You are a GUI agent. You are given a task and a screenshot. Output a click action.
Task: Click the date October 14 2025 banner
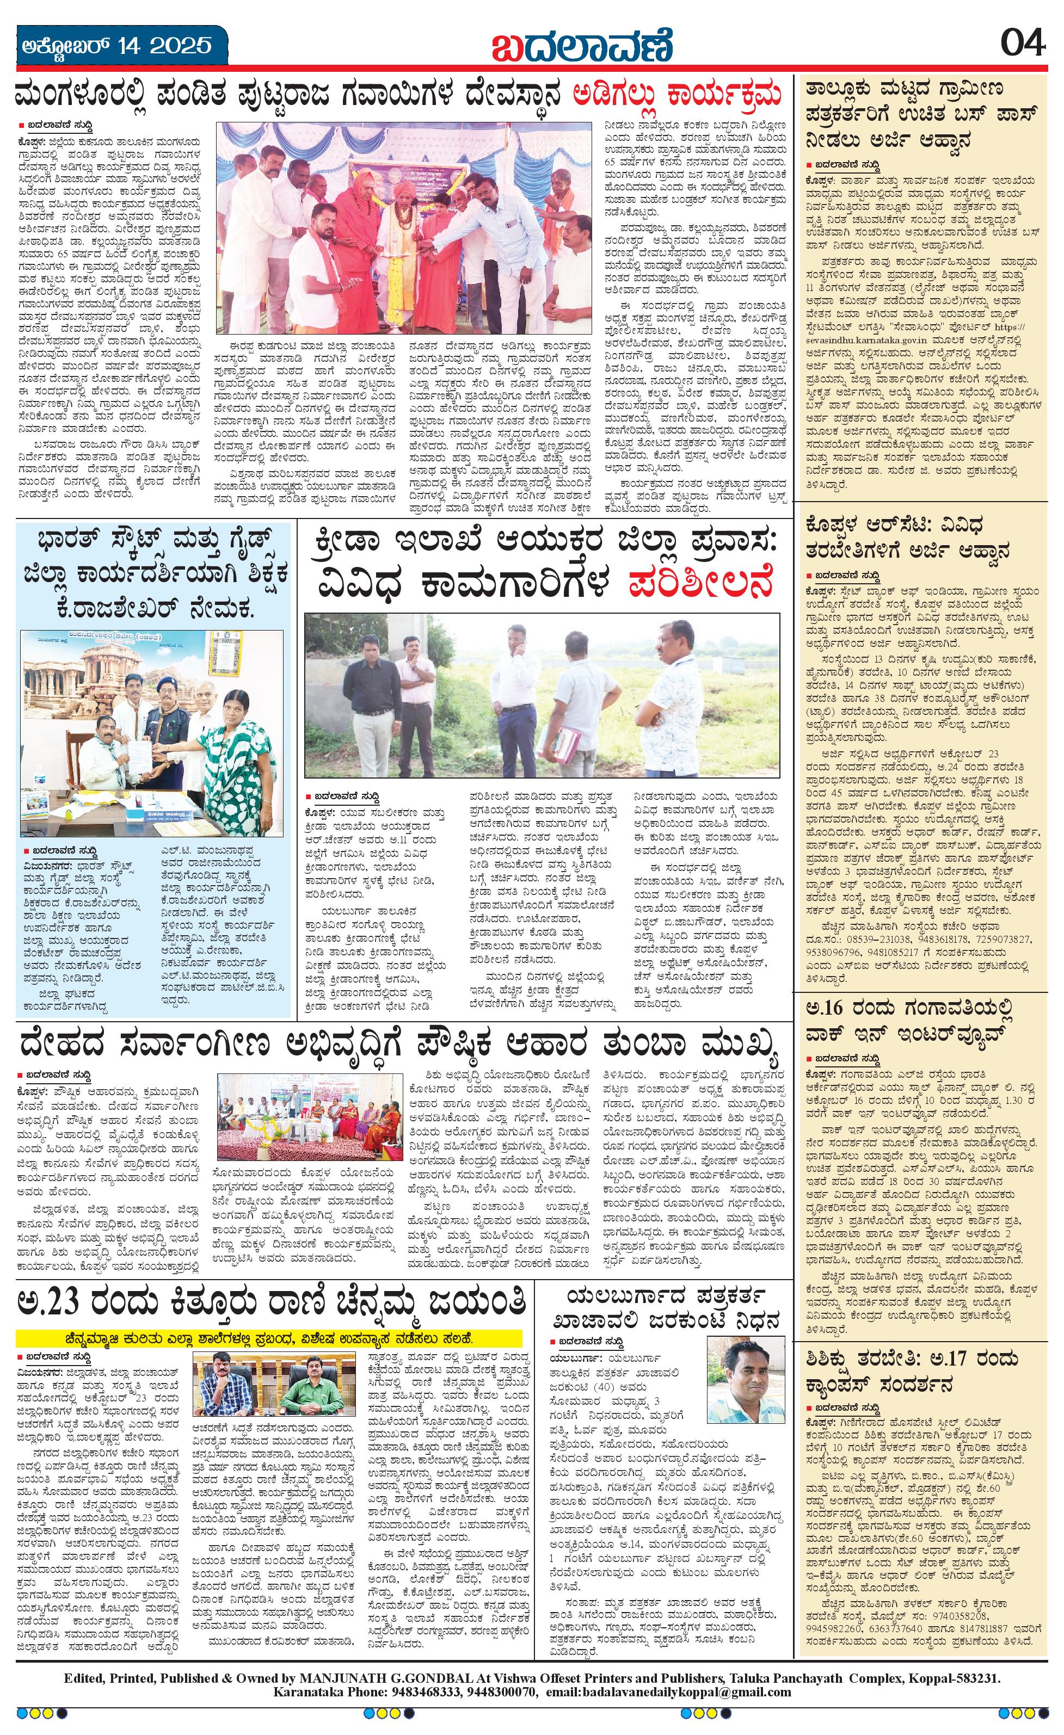pos(115,46)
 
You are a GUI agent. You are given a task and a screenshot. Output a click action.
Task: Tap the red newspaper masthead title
pos(582,46)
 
